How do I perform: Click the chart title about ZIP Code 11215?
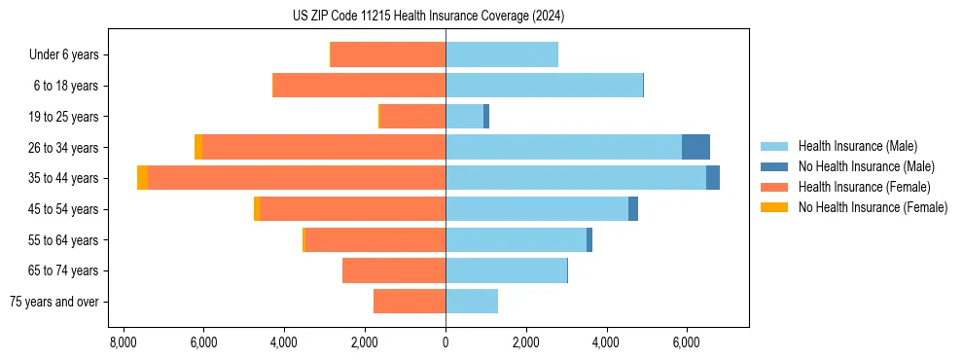(x=428, y=16)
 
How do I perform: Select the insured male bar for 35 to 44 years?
(x=575, y=178)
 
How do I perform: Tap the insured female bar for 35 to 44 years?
(x=297, y=178)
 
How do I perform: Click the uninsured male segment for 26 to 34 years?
(x=695, y=147)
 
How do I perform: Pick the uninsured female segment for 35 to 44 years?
(x=143, y=178)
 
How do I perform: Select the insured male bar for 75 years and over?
(x=472, y=302)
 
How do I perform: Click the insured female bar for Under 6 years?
(x=388, y=54)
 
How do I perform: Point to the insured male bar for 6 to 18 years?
(x=544, y=86)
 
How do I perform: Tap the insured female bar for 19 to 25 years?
(x=412, y=117)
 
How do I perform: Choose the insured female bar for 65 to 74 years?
(x=394, y=270)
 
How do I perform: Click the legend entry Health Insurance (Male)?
(x=857, y=146)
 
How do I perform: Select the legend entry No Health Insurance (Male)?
(x=866, y=166)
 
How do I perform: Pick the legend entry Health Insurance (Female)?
(x=864, y=187)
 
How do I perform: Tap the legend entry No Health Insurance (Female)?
(x=873, y=207)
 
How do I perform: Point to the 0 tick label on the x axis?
(x=446, y=342)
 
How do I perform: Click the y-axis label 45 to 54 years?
(x=63, y=209)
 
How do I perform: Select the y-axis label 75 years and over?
(x=54, y=302)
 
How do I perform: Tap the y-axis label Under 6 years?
(x=64, y=54)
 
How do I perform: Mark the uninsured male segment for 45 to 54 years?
(x=633, y=209)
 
